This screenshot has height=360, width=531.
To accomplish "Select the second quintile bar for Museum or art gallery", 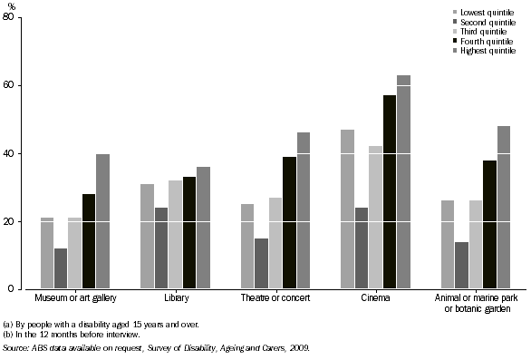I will pyautogui.click(x=61, y=268).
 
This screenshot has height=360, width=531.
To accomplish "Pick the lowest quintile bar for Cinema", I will pyautogui.click(x=346, y=209).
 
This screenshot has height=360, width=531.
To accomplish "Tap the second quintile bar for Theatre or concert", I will pyautogui.click(x=261, y=264).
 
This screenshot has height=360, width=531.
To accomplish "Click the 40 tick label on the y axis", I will pyautogui.click(x=19, y=153).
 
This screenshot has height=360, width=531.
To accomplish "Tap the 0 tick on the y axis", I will pyautogui.click(x=22, y=289).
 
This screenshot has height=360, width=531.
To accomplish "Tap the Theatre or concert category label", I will pyautogui.click(x=275, y=298).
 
